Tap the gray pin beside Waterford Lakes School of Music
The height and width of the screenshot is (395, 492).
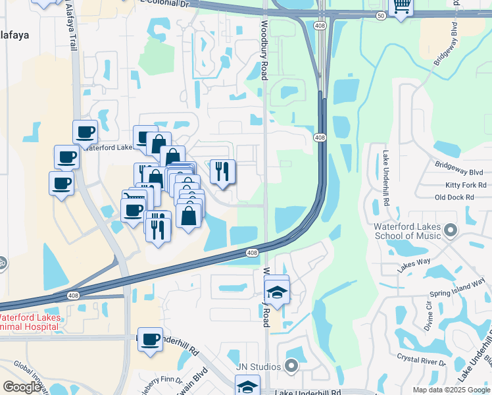click(x=451, y=230)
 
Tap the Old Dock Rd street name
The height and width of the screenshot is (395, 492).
click(x=455, y=197)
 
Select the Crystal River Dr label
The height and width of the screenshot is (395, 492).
click(x=421, y=359)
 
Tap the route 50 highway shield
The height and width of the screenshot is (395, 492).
click(x=381, y=15)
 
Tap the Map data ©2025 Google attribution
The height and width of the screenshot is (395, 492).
click(x=451, y=390)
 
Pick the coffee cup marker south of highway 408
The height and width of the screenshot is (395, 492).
click(x=151, y=340)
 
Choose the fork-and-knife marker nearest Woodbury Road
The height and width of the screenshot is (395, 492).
click(x=222, y=172)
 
